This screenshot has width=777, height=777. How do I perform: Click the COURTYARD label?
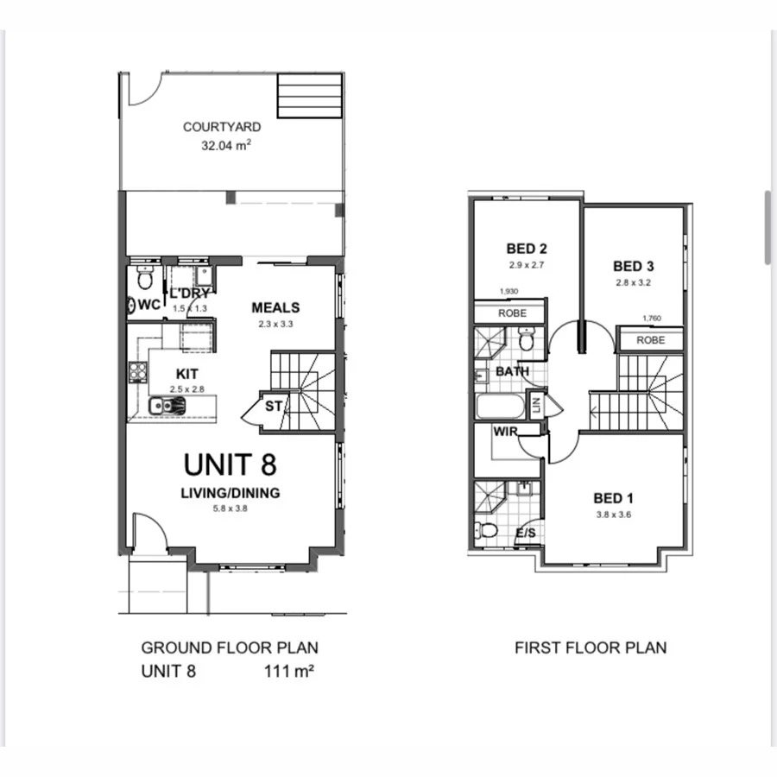point(222,127)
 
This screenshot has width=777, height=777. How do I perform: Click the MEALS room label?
point(275,307)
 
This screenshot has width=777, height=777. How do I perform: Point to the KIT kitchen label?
point(187,374)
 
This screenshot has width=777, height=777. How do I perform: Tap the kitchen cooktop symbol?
point(137,373)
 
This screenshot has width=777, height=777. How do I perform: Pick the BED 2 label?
point(527,250)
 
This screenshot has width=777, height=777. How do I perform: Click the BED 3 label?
point(634,266)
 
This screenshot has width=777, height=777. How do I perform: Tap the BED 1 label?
point(613,498)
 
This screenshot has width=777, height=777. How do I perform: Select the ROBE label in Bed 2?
point(512,313)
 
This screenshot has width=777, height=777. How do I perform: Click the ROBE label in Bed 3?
point(651,340)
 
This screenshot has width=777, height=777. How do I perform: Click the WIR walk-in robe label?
point(505,431)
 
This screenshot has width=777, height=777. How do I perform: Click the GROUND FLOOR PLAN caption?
point(230,647)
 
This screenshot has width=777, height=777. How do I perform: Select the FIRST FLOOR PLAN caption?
point(591,647)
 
